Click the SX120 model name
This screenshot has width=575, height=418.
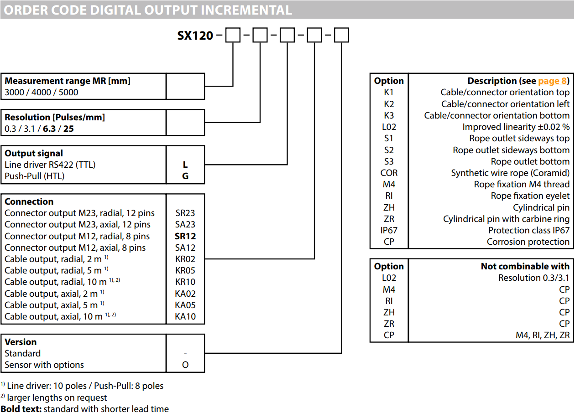[x=195, y=36]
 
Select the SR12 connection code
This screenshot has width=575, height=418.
[x=185, y=236]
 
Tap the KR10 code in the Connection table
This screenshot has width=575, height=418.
[x=185, y=282]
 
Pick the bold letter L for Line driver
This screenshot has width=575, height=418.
[x=185, y=165]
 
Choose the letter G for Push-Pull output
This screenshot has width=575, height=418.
[x=185, y=176]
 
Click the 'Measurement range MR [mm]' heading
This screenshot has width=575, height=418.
[x=68, y=81]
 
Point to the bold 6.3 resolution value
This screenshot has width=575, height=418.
[x=49, y=129]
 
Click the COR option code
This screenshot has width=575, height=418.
[x=389, y=173]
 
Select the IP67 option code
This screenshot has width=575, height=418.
[x=389, y=230]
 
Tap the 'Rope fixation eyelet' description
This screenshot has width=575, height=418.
[x=530, y=196]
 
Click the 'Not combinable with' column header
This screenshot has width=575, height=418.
[x=525, y=266]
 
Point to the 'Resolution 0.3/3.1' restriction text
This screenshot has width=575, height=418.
[x=534, y=278]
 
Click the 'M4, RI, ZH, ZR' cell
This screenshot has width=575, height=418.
[x=543, y=335]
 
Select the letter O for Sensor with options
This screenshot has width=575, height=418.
[x=185, y=365]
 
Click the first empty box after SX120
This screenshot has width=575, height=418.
[x=233, y=35]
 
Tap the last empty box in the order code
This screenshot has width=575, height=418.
[x=341, y=35]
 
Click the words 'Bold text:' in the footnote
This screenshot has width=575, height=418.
[x=21, y=409]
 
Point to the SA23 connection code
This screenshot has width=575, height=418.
[x=185, y=225]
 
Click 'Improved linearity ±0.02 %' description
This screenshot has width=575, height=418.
[x=516, y=127]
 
